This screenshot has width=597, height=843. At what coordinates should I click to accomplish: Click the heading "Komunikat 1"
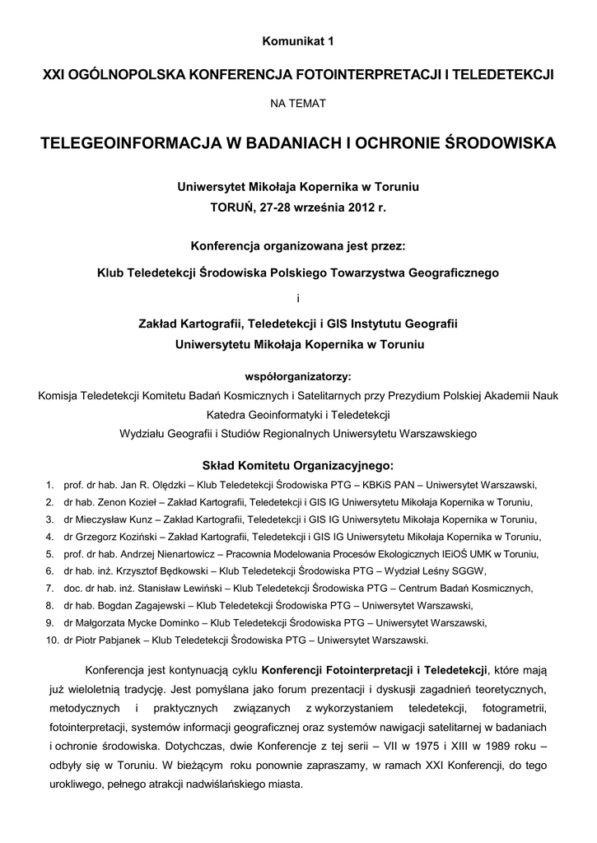[298, 40]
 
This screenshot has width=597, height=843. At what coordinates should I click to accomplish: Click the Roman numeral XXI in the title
[54, 75]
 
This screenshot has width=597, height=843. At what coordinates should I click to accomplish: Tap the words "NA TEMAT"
[298, 104]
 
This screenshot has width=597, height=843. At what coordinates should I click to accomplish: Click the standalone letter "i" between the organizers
[297, 297]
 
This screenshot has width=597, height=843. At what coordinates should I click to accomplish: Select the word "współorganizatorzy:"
[298, 377]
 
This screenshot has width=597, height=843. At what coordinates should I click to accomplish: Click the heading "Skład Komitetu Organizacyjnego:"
[298, 463]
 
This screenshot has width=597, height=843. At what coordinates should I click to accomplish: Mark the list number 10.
[51, 639]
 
